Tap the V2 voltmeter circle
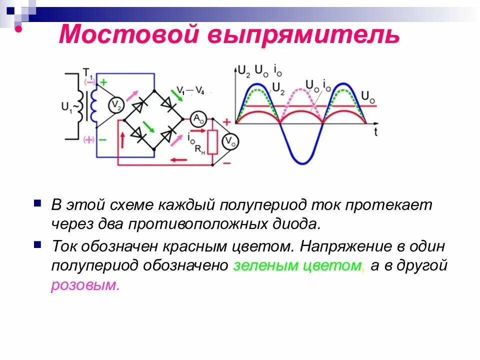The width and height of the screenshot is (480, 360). (x=115, y=104)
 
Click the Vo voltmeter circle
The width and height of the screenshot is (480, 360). (x=229, y=142)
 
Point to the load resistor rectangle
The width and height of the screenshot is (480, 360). (x=212, y=142)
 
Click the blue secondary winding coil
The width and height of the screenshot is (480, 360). (x=93, y=105)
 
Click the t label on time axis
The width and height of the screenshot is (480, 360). (x=375, y=133)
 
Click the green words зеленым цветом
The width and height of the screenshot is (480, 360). (x=299, y=265)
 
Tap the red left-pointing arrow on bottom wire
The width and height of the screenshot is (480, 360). (x=178, y=160)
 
